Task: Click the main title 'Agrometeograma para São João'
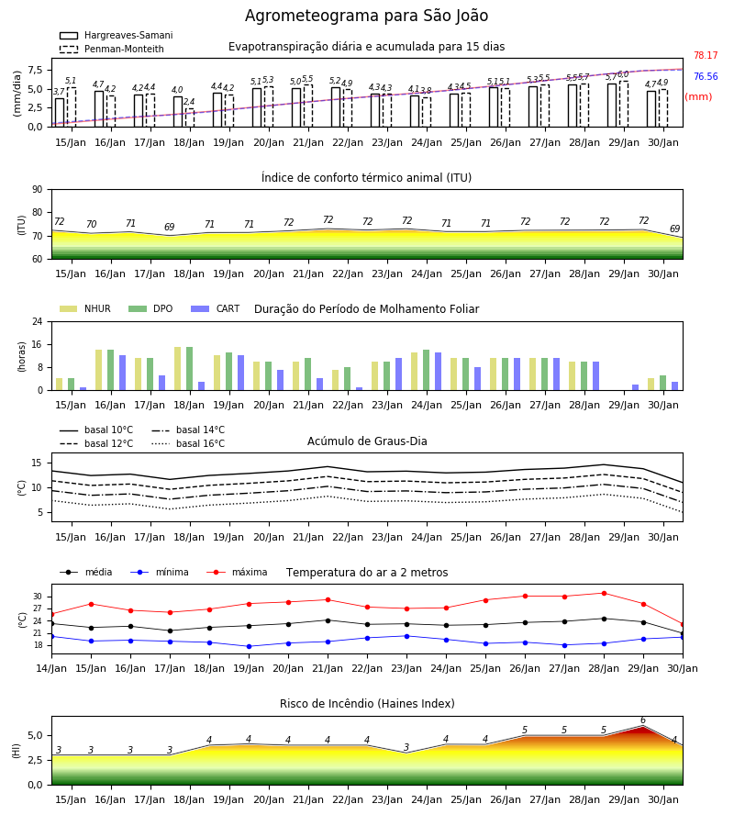[x=366, y=16]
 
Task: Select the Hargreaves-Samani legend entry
[x=116, y=35]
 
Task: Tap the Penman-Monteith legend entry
[x=112, y=49]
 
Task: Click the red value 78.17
[x=706, y=55]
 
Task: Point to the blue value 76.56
[x=706, y=76]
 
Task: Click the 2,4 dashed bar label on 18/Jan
[x=189, y=102]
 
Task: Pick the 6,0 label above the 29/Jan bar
[x=623, y=74]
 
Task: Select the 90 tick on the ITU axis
[x=37, y=190]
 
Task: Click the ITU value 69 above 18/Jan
[x=169, y=227]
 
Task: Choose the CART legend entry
[x=216, y=308]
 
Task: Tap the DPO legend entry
[x=150, y=308]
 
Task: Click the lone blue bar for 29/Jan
[x=636, y=387]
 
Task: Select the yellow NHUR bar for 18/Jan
[x=177, y=369]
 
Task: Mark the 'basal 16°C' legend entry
[x=188, y=443]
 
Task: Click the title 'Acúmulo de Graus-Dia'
[x=367, y=441]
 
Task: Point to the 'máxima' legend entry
[x=238, y=572]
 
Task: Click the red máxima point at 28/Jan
[x=604, y=594]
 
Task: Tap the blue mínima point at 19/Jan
[x=249, y=646]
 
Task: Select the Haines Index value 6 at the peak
[x=643, y=720]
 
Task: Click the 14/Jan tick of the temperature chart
[x=51, y=668]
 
